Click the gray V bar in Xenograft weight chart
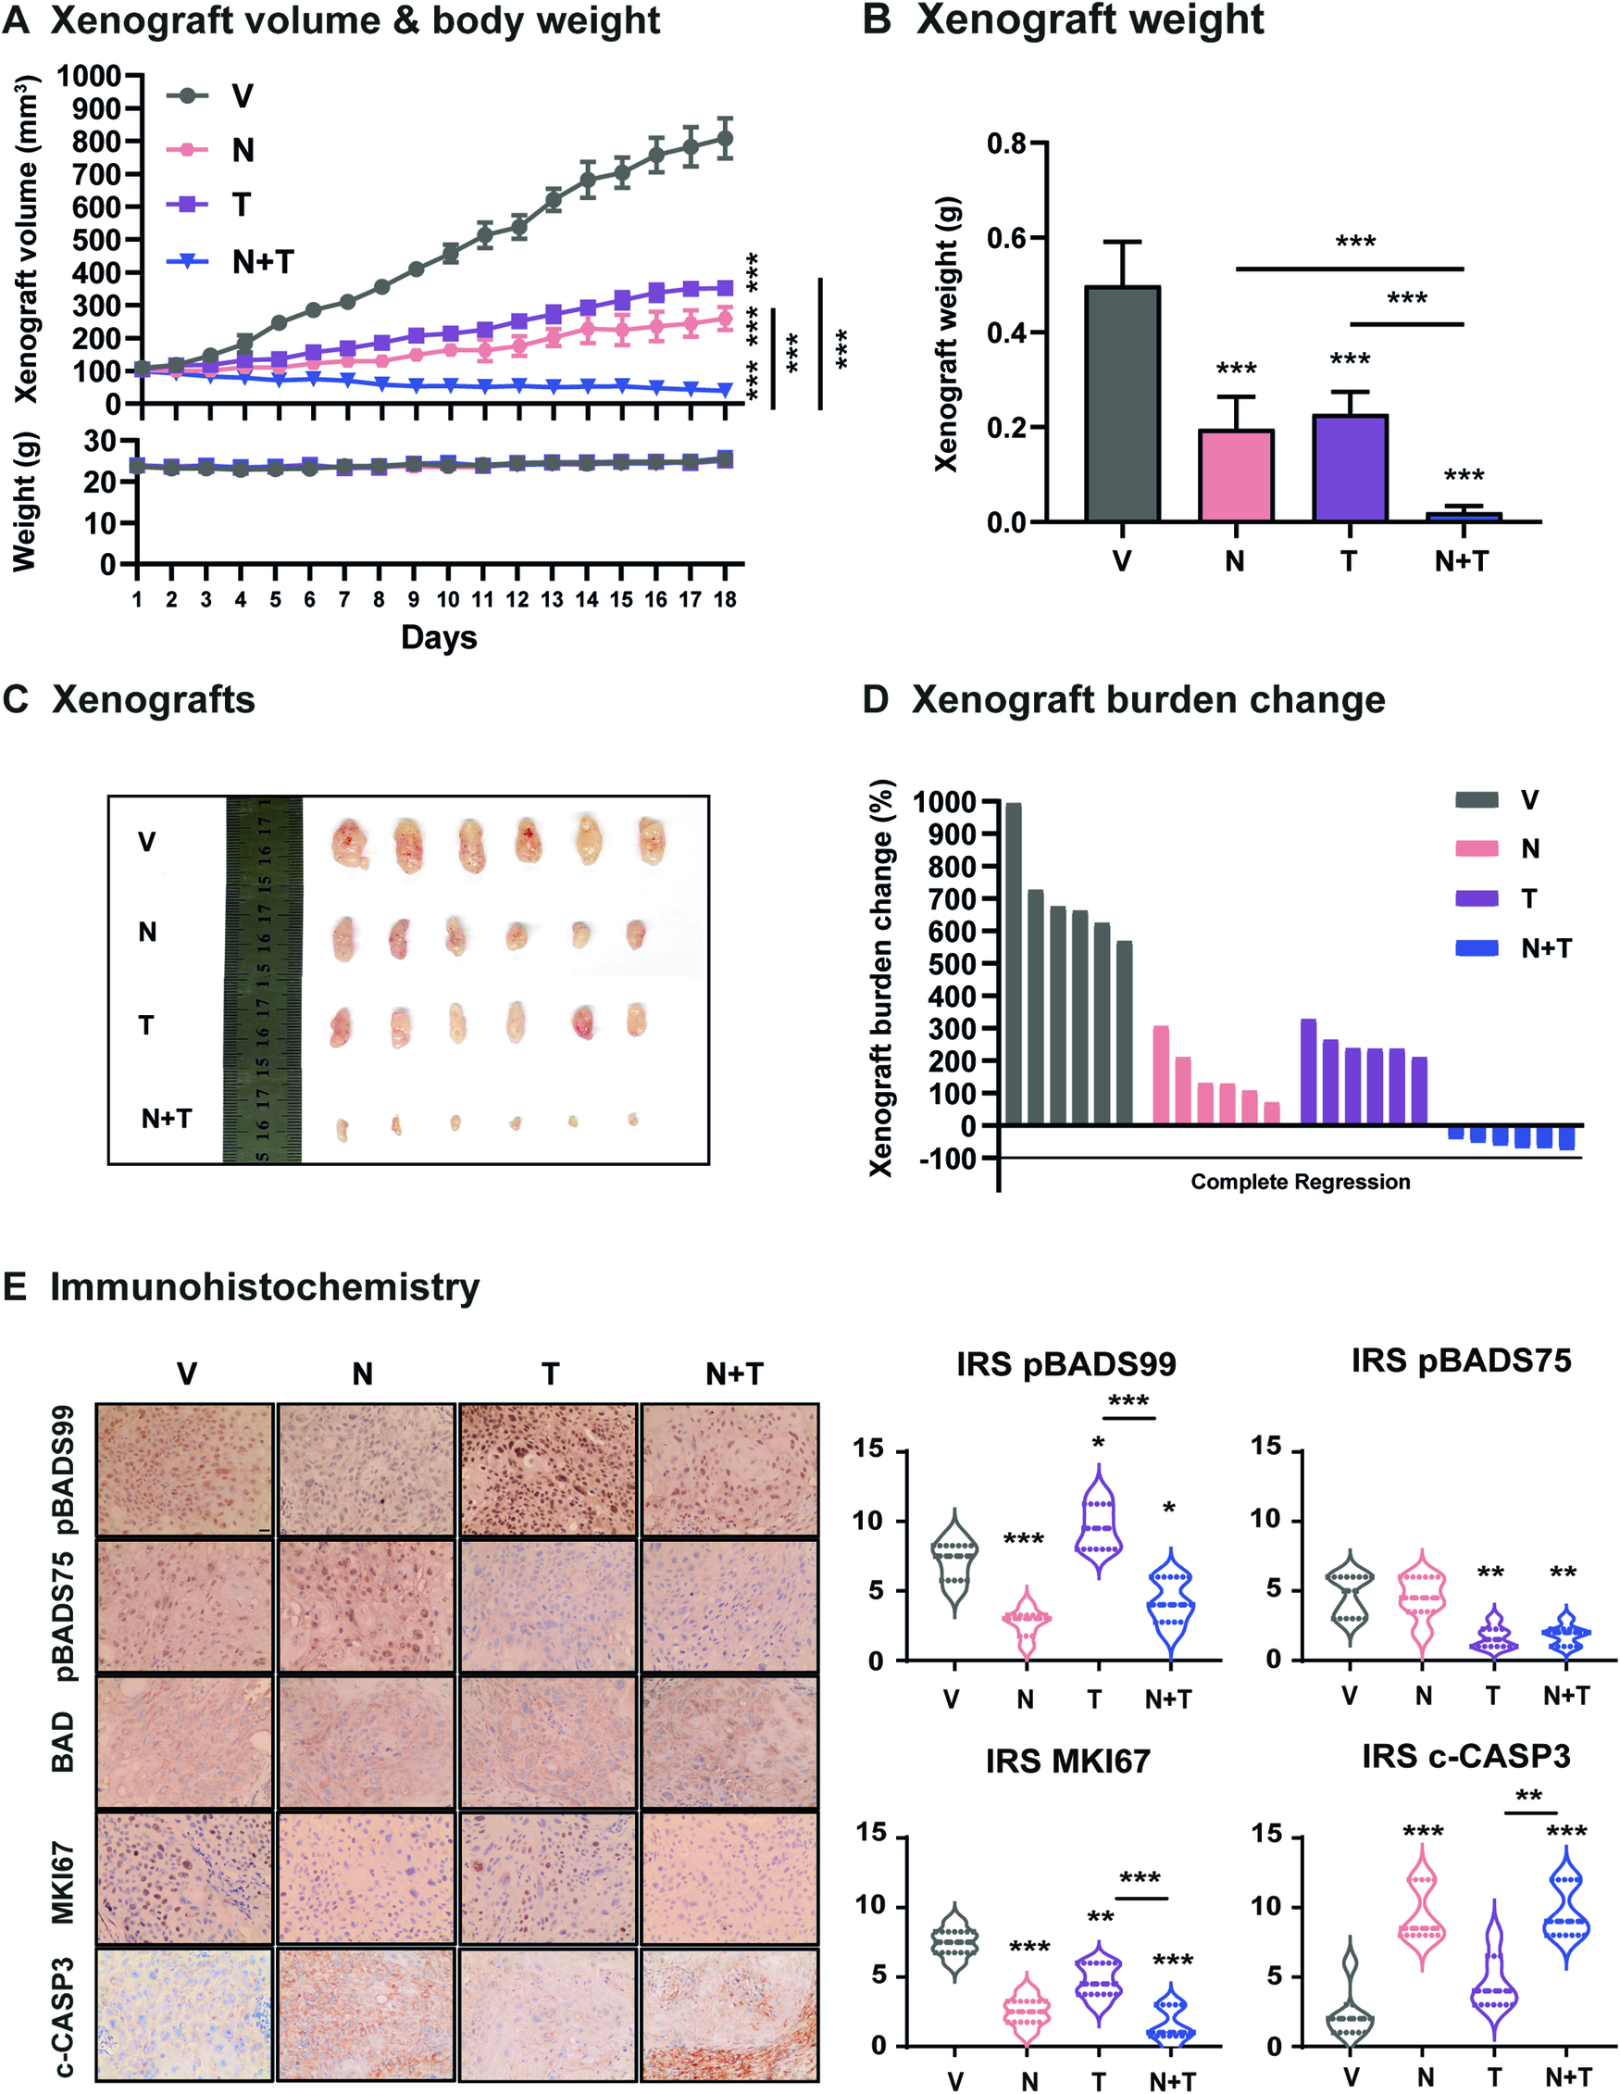tap(1122, 404)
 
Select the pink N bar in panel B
tap(1236, 475)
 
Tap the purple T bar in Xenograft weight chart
tap(1349, 468)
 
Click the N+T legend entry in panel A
tap(262, 262)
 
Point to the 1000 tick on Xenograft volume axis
tap(88, 76)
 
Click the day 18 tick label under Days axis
tap(725, 599)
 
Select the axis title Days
tap(438, 637)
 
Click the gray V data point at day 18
tap(725, 139)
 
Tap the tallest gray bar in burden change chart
tap(1014, 962)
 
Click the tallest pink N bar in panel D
tap(1161, 1075)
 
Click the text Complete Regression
tap(1300, 1181)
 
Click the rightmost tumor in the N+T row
tap(632, 1119)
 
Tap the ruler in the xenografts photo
tap(263, 979)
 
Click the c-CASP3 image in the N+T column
tap(729, 2013)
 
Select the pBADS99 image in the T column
tap(547, 1469)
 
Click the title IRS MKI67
tap(1067, 1761)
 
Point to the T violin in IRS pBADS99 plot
tap(1098, 1523)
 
